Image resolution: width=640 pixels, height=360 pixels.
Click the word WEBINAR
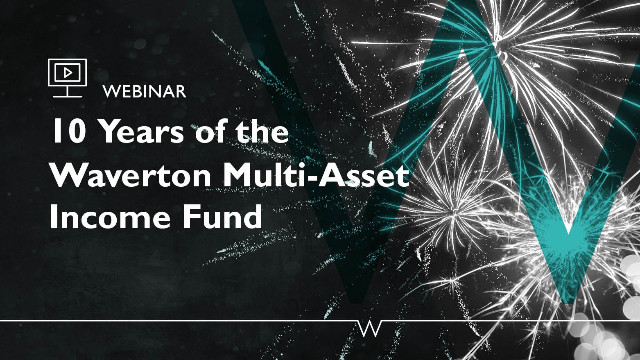(145, 91)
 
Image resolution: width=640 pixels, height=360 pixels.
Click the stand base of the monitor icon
(68, 96)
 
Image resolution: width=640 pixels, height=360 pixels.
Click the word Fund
(222, 217)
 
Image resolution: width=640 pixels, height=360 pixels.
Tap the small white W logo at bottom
(369, 328)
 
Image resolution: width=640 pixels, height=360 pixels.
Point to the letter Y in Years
(110, 131)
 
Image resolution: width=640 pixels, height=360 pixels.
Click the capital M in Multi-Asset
(240, 175)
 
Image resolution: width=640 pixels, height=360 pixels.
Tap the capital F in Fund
(190, 217)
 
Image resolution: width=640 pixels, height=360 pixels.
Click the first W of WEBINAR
(111, 91)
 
